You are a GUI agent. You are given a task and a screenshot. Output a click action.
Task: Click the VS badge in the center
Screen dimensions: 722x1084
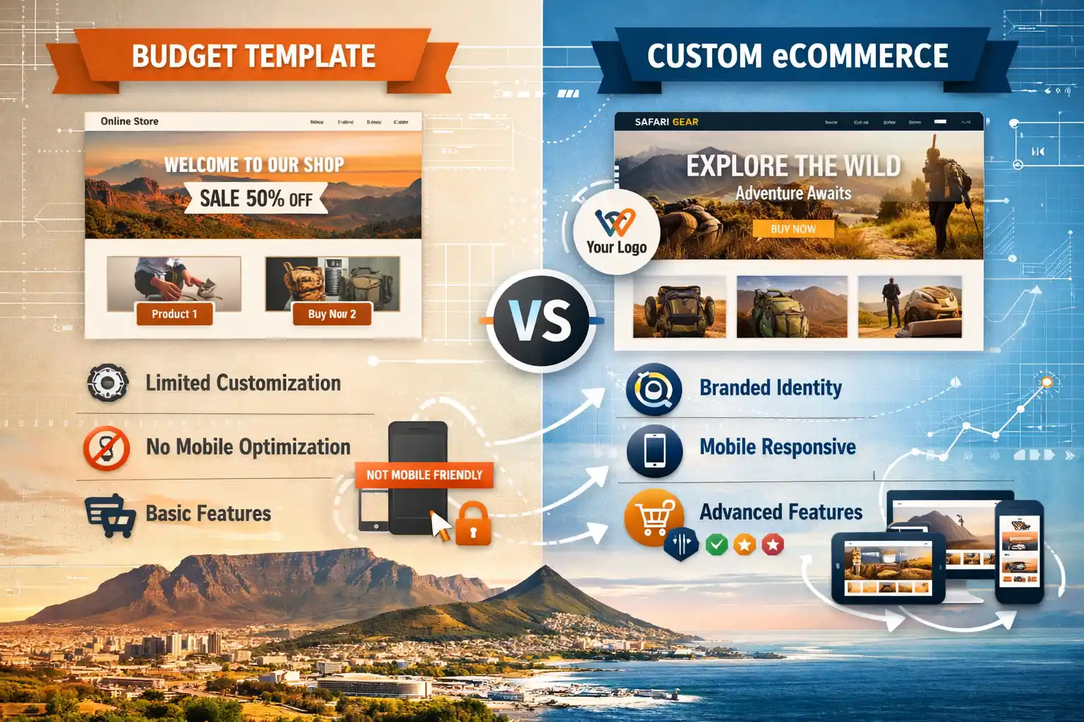[x=541, y=321]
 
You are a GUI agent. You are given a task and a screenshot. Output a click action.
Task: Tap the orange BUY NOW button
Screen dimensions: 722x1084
[x=793, y=228]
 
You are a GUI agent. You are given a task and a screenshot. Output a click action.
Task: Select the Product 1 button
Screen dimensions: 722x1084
[x=174, y=314]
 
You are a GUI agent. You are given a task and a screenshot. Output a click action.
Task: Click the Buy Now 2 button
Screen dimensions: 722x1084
[x=332, y=314]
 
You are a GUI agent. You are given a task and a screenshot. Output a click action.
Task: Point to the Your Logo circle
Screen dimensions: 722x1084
[x=616, y=232]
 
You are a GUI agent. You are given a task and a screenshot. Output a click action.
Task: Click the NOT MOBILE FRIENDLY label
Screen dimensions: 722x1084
[x=424, y=475]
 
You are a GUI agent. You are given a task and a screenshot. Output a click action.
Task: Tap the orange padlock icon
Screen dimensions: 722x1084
[x=473, y=525]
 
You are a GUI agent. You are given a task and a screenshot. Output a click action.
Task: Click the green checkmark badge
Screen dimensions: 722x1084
[x=716, y=544]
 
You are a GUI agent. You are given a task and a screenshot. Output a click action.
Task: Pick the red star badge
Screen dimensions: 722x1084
[x=773, y=544]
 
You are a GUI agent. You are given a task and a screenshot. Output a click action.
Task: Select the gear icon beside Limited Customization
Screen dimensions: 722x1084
[x=107, y=383]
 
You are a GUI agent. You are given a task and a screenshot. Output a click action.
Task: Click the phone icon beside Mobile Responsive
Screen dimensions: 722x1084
[x=654, y=450]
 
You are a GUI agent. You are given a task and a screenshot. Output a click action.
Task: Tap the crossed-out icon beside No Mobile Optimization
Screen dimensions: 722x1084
[x=107, y=448]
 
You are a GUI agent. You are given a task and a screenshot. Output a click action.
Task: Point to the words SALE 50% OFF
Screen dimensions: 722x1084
[x=255, y=198]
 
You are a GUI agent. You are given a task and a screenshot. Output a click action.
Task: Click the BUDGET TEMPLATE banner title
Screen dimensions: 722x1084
[x=253, y=56]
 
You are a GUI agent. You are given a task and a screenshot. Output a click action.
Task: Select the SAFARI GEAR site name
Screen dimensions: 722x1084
[x=666, y=122]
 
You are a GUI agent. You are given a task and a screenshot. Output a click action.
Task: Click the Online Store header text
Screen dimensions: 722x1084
[x=129, y=121]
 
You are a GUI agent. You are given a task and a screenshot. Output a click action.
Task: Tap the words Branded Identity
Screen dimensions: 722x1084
[x=771, y=388]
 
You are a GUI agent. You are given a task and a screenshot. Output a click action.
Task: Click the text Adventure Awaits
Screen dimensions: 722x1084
[x=793, y=193]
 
